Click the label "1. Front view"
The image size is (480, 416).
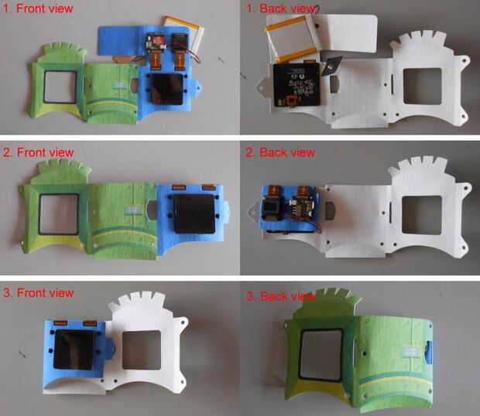click(38, 9)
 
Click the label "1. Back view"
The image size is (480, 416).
click(283, 9)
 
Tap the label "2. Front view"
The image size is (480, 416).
click(38, 152)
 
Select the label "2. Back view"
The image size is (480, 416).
click(280, 152)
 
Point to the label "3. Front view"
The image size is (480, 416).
click(38, 293)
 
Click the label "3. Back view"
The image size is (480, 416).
click(280, 296)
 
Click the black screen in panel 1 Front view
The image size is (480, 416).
click(168, 89)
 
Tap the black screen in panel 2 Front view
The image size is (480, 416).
click(194, 213)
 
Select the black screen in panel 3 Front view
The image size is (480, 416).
click(74, 350)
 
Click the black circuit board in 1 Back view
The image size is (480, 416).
click(297, 84)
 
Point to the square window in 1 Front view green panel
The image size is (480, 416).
click(60, 87)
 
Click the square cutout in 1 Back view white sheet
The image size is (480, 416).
click(423, 86)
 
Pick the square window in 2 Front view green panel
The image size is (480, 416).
click(59, 214)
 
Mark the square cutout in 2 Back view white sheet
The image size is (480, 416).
click(422, 215)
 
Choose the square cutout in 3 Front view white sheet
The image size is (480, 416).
click(142, 350)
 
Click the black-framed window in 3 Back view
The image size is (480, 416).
click(321, 355)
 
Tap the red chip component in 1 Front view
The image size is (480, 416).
click(156, 42)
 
